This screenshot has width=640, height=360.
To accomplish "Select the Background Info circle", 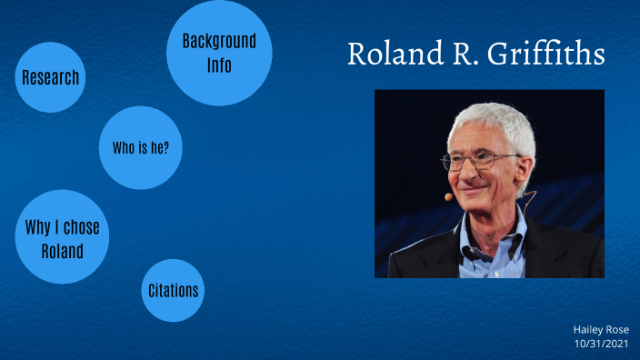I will (219, 53).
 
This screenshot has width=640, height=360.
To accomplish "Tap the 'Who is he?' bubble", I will (140, 148).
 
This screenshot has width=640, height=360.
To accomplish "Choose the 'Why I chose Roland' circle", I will (62, 237).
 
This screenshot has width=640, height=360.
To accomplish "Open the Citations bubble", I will (173, 291).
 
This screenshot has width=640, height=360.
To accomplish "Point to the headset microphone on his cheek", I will (449, 195).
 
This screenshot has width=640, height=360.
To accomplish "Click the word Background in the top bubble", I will (219, 41).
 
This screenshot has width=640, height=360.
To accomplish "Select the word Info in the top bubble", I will (219, 65).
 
